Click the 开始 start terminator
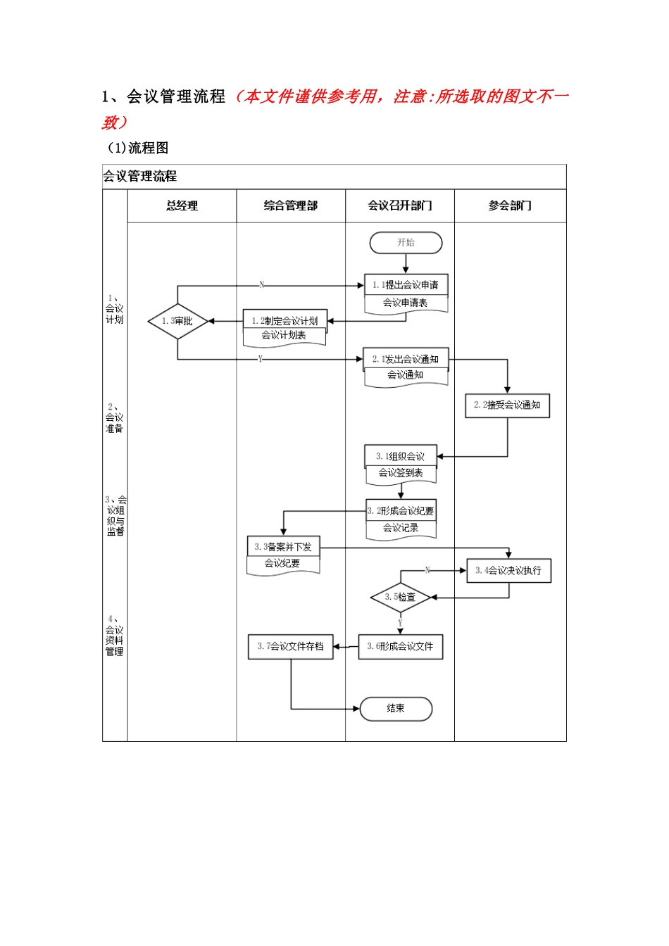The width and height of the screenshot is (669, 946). (406, 243)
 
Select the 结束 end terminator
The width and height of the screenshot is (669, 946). (396, 709)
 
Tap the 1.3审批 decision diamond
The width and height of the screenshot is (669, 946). (177, 321)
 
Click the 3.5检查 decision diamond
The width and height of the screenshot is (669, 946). (400, 597)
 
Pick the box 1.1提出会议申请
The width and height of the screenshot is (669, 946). (406, 284)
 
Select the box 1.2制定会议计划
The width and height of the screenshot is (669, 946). (285, 320)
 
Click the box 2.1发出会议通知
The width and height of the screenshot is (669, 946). (406, 359)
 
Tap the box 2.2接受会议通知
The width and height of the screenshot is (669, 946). (507, 405)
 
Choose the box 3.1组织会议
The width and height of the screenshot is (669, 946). (401, 456)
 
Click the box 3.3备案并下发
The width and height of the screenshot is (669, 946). (283, 546)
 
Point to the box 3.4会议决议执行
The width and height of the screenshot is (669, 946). (508, 571)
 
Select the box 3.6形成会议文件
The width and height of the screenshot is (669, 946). (400, 646)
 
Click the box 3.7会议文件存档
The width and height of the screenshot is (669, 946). (290, 646)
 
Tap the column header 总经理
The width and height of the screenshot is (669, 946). (182, 206)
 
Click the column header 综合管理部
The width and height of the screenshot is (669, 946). (290, 206)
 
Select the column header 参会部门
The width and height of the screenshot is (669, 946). (510, 206)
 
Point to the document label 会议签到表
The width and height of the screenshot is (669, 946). (401, 473)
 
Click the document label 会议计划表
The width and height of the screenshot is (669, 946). (284, 336)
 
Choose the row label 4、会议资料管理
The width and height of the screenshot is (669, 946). (114, 636)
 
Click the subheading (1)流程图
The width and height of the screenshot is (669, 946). (137, 148)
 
